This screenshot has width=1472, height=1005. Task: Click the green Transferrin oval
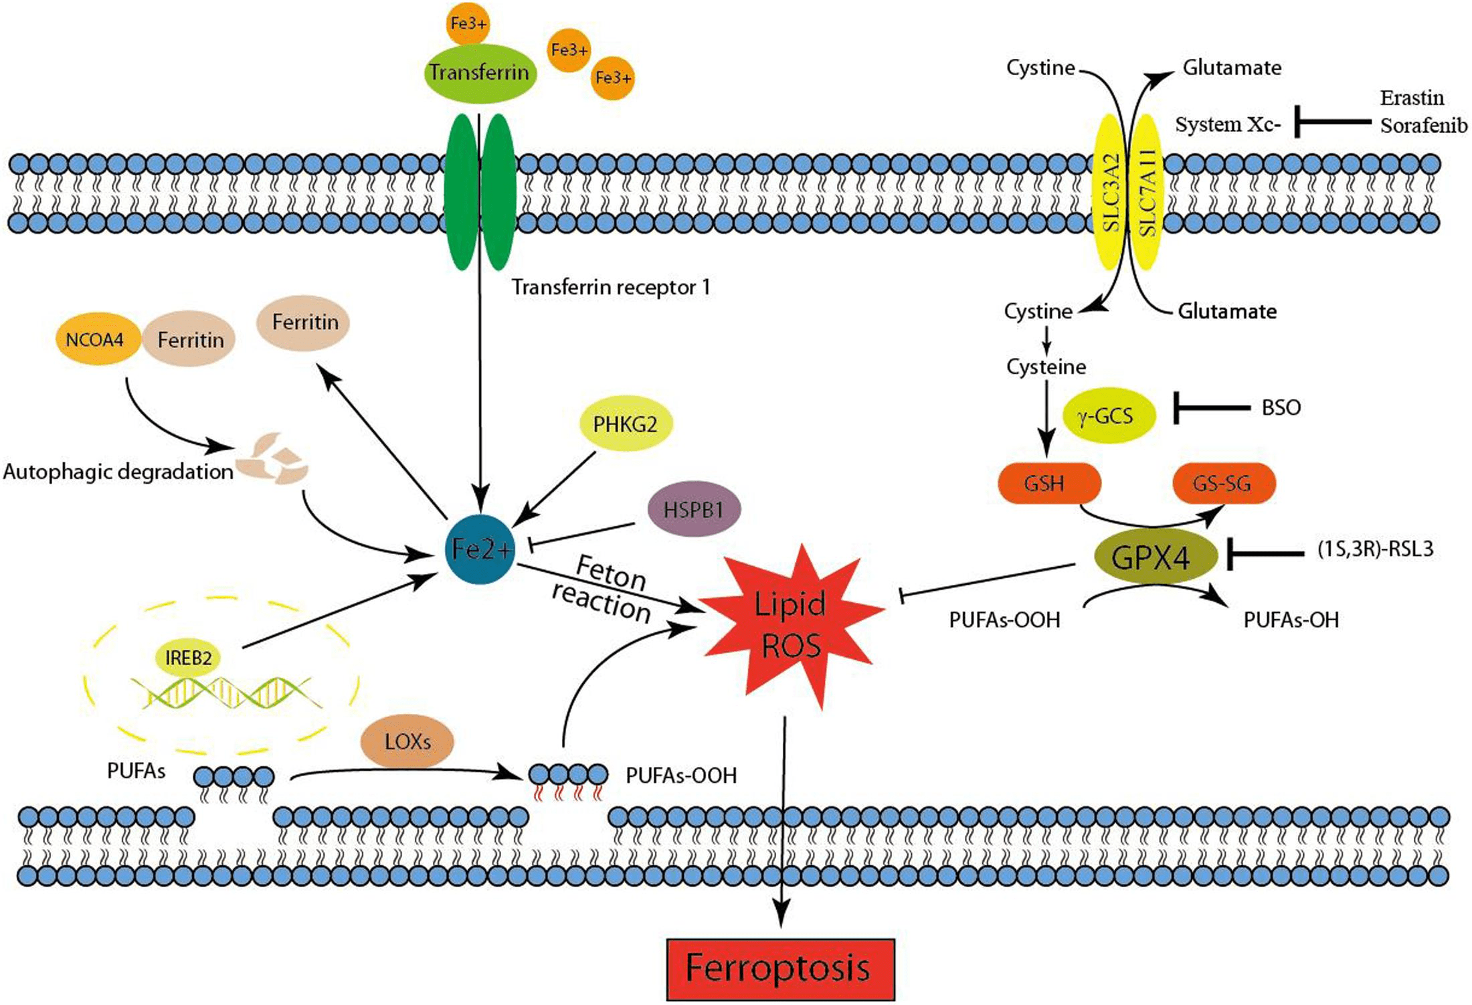coord(479,72)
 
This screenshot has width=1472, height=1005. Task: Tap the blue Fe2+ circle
coord(480,549)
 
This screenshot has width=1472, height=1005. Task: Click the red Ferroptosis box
coord(780,968)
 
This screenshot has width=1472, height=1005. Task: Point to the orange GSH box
coord(1048,482)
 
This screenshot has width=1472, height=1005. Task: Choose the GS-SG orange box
coord(1224,482)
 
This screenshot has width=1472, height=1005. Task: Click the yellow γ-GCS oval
coord(1108,416)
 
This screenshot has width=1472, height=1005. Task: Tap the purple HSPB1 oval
coord(694,510)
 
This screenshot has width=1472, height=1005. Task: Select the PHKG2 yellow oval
coord(625,424)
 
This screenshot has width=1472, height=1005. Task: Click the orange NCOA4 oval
coord(98,340)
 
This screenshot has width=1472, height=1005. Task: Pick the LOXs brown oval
coord(407,741)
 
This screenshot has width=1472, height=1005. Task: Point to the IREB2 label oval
coord(188,658)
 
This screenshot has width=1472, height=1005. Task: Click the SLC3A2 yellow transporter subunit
coord(1111,193)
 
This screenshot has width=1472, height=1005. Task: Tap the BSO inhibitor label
coord(1281,407)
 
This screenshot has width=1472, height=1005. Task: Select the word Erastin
coord(1411,98)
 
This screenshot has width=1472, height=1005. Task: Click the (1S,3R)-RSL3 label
coord(1375,549)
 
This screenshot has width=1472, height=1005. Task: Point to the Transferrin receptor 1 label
coord(610,287)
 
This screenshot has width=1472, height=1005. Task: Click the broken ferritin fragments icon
coord(272,460)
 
